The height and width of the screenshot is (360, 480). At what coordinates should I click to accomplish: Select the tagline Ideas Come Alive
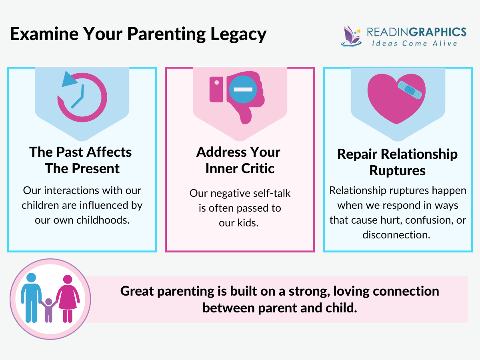[x=414, y=43]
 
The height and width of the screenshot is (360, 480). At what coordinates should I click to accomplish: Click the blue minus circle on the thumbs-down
[x=243, y=89]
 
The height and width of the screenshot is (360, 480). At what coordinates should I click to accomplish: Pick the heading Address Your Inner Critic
[x=239, y=160]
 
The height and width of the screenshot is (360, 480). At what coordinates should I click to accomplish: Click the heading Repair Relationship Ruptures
[x=397, y=162]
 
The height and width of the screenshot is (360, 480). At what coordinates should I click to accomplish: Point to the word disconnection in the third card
[x=396, y=235]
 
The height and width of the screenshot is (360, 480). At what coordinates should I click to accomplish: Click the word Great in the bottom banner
[x=137, y=291]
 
